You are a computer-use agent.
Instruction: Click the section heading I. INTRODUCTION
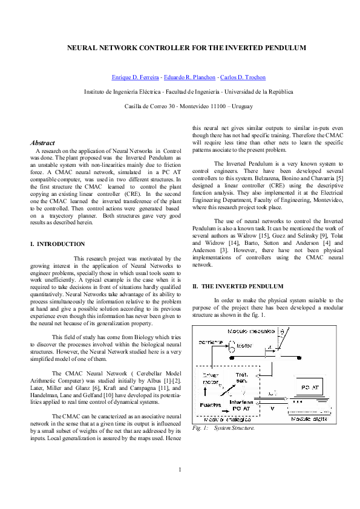(57, 244)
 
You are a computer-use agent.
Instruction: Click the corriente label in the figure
(211, 343)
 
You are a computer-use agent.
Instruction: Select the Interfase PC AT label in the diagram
(240, 404)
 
